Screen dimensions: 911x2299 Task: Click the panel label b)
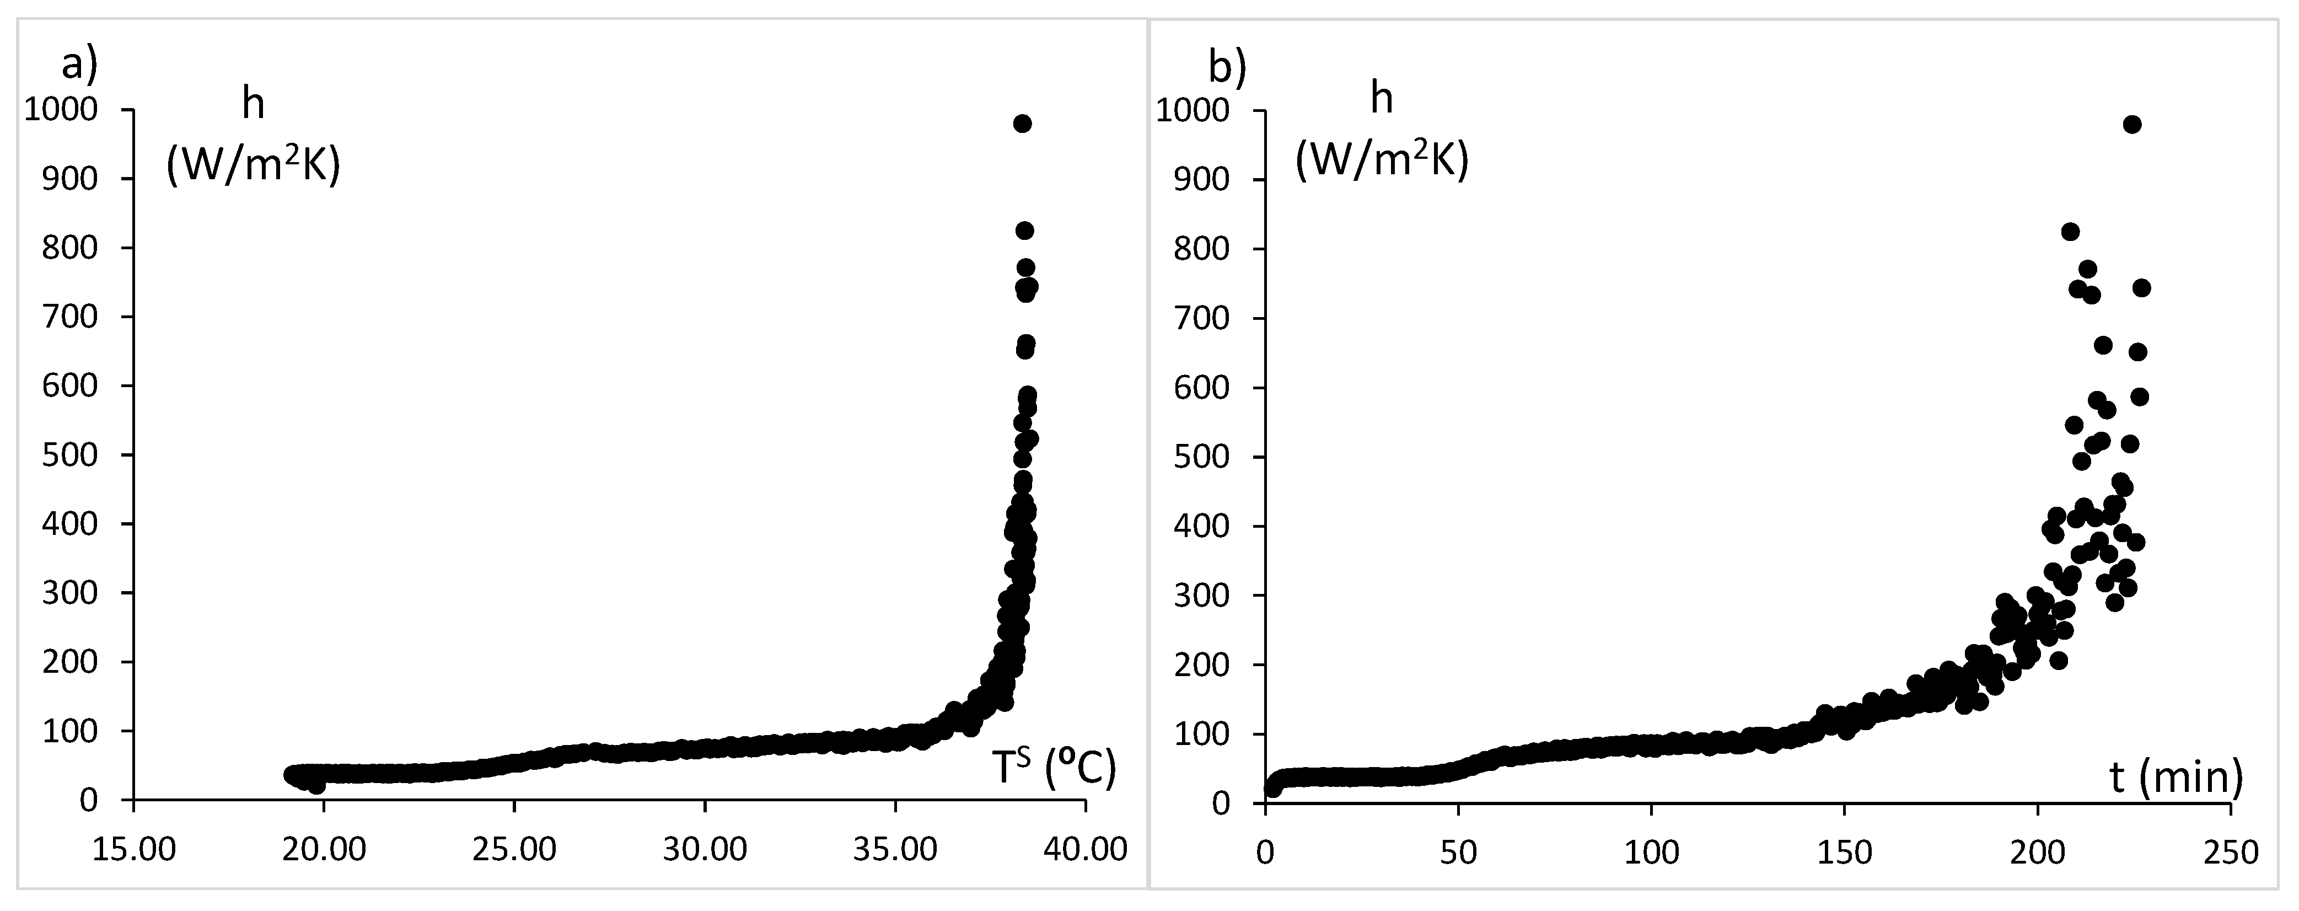tap(1226, 66)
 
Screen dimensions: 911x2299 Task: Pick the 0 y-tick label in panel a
tap(88, 800)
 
